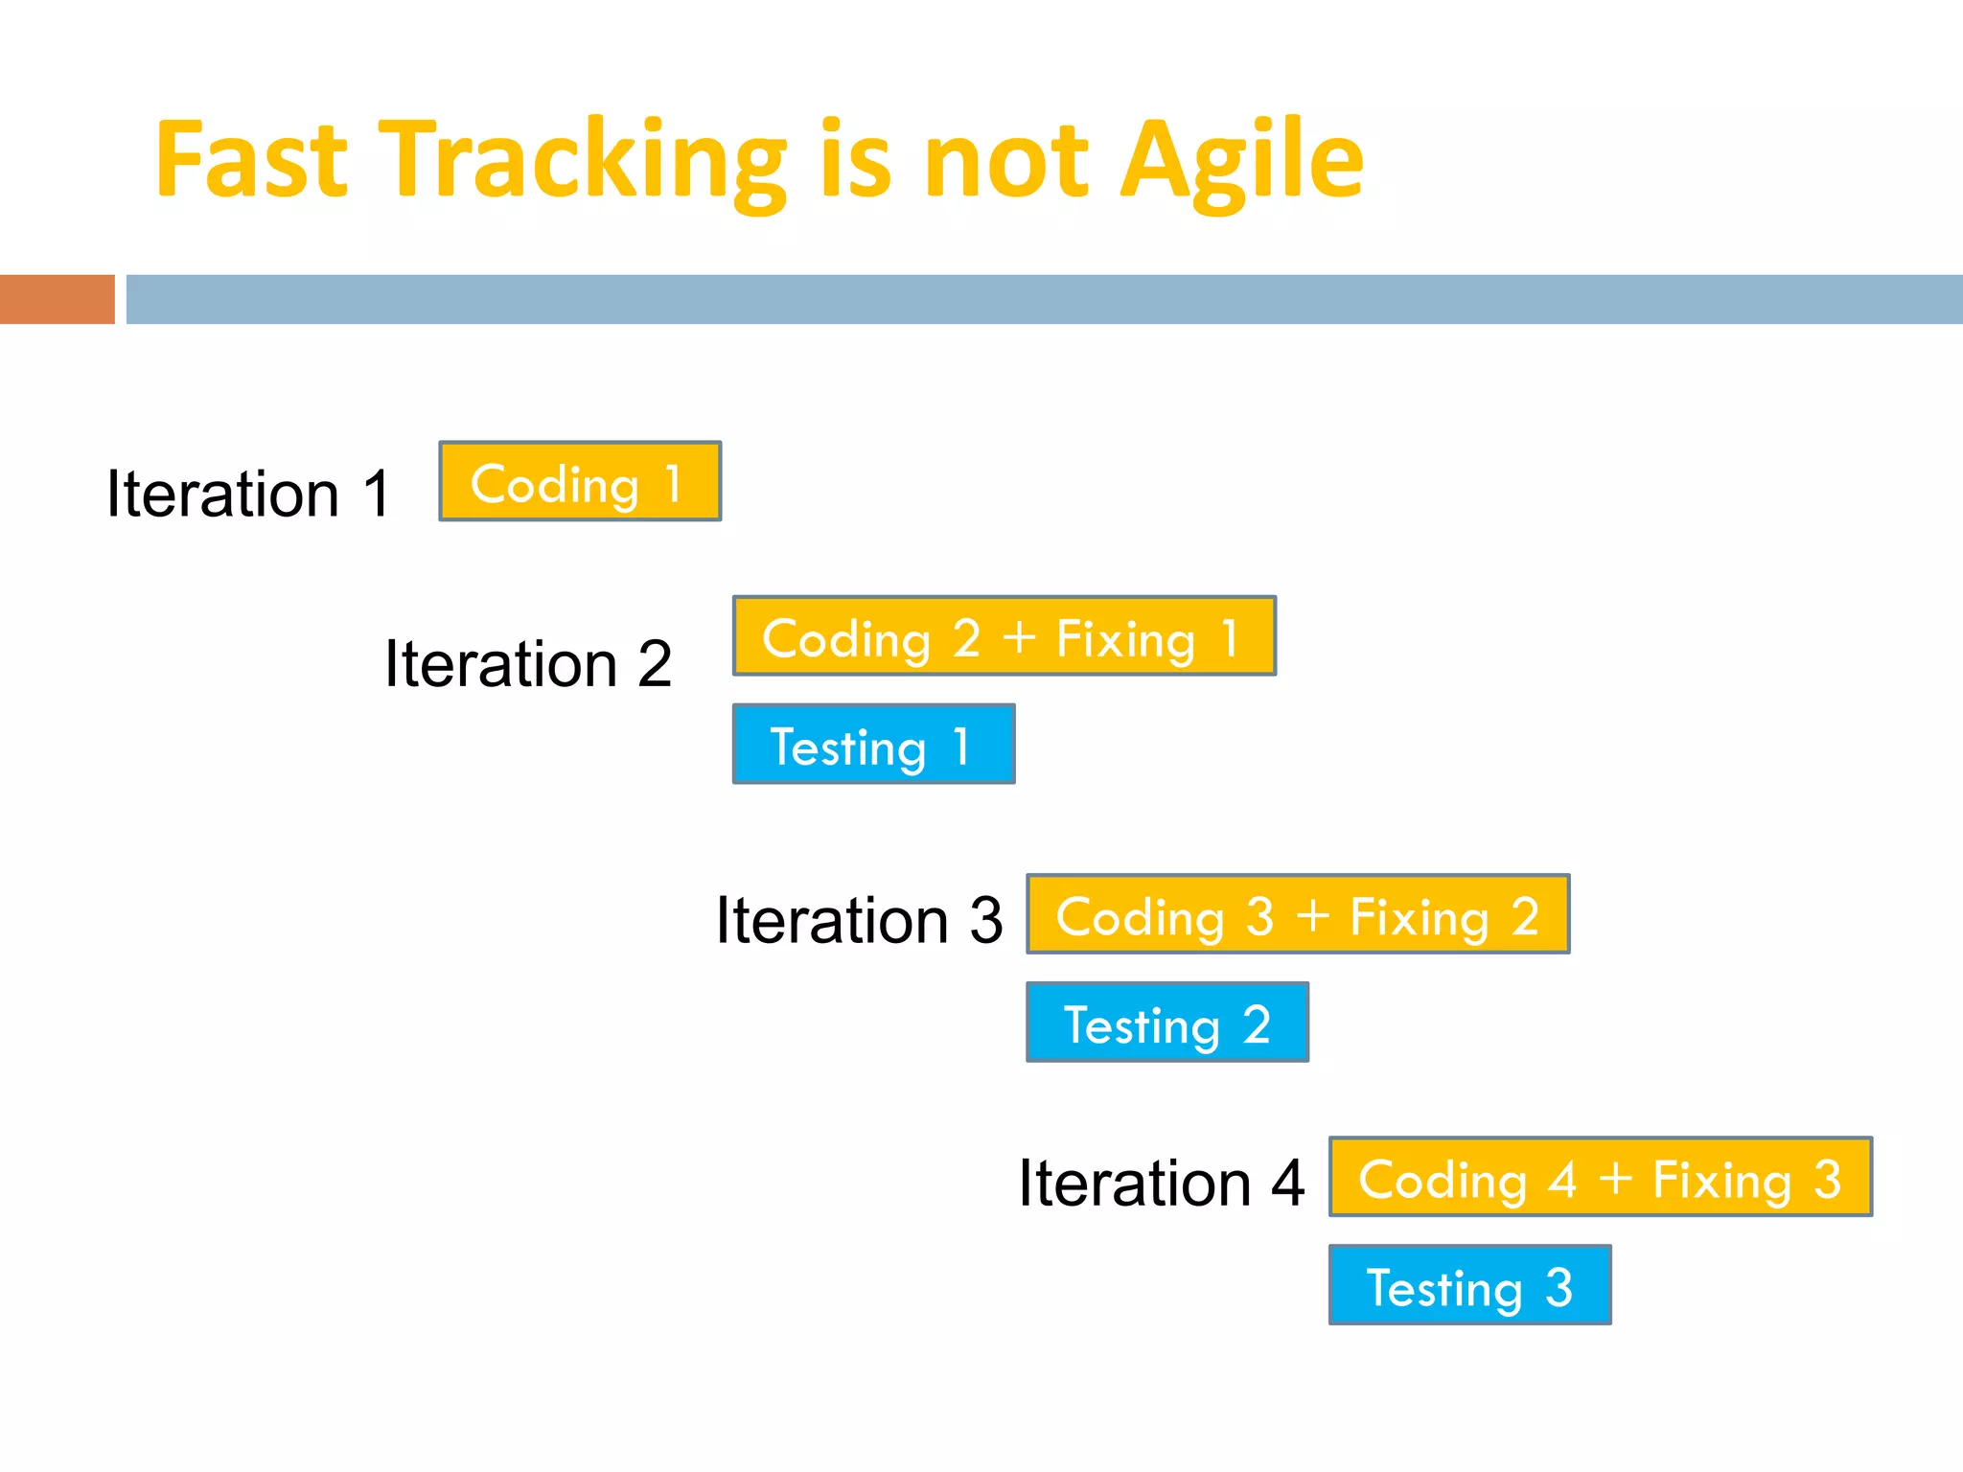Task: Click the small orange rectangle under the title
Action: pos(57,299)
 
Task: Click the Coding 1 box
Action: pos(579,481)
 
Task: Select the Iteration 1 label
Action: pos(248,494)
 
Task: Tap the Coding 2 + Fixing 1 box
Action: pos(1004,636)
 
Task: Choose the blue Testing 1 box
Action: pos(873,745)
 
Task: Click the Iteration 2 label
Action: pos(527,663)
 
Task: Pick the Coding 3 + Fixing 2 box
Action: pos(1298,914)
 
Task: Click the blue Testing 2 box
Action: pos(1166,1023)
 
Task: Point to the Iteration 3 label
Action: pos(859,920)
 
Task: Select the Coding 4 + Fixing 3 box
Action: pos(1600,1177)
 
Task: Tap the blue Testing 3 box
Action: pos(1469,1285)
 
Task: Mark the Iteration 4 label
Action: pos(1161,1183)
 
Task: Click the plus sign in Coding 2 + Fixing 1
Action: pos(1020,637)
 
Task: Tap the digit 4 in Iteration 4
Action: pos(1287,1183)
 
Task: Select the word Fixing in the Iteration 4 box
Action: pos(1721,1181)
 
